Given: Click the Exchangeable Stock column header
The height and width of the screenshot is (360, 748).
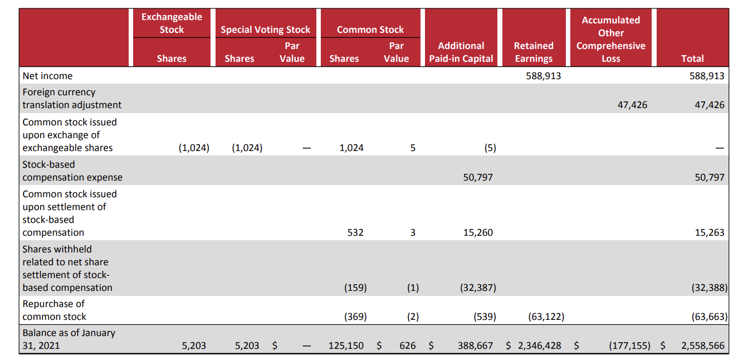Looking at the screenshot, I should (172, 23).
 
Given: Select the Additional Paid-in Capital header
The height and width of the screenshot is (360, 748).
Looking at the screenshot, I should (461, 52).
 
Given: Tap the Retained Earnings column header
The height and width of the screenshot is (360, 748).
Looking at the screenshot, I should (534, 52).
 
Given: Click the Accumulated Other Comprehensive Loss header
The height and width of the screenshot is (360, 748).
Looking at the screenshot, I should (610, 39).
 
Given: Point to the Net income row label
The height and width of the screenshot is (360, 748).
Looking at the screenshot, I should (47, 76).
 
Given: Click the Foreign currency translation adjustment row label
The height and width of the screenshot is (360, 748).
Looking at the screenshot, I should (71, 99).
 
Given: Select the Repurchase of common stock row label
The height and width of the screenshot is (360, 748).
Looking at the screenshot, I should (54, 310).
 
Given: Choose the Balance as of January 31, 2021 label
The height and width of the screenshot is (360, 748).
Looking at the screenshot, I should (69, 339).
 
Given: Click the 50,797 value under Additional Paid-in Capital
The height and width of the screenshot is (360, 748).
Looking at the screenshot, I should (478, 177).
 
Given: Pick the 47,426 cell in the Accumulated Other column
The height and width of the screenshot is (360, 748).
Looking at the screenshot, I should (632, 105).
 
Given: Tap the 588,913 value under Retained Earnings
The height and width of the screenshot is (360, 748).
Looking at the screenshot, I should (543, 76).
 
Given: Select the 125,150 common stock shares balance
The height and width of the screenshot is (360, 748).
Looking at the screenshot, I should (346, 346).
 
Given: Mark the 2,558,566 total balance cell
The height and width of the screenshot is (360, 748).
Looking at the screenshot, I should (703, 346).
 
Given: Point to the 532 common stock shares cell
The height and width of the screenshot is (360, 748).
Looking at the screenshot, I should (355, 232).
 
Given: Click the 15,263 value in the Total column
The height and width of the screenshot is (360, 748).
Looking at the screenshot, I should (709, 232).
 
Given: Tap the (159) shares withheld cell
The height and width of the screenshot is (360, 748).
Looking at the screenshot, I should (355, 288).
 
